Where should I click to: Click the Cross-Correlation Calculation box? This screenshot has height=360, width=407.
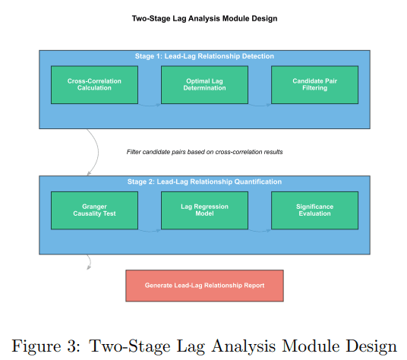[x=94, y=85]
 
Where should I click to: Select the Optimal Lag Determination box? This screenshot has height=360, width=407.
[x=204, y=85]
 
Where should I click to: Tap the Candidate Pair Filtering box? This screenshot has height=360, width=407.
[x=314, y=85]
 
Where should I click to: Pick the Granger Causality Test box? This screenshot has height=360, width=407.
[x=94, y=210]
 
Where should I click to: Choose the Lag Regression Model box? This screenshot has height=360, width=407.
[x=204, y=210]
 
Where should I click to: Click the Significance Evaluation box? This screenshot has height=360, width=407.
[x=314, y=210]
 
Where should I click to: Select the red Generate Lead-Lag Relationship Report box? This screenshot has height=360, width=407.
[x=204, y=286]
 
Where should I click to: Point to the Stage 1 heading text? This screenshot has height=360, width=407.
[x=204, y=56]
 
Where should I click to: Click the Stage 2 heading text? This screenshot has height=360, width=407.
[x=204, y=182]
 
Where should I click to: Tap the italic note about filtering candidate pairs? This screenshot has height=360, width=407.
[x=204, y=152]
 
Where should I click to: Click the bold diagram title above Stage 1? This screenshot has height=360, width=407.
[x=204, y=19]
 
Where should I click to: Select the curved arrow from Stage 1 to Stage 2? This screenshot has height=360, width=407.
[x=99, y=152]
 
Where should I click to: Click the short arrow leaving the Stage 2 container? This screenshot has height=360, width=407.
[x=90, y=261]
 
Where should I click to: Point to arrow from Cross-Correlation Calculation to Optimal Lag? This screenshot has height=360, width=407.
[x=150, y=106]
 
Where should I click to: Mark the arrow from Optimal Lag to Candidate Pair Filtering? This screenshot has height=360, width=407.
[x=260, y=106]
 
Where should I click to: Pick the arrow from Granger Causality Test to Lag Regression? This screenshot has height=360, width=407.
[x=150, y=231]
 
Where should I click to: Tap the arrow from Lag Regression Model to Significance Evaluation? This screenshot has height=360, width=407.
[x=260, y=231]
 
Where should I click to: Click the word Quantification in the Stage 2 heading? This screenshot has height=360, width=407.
[x=257, y=182]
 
